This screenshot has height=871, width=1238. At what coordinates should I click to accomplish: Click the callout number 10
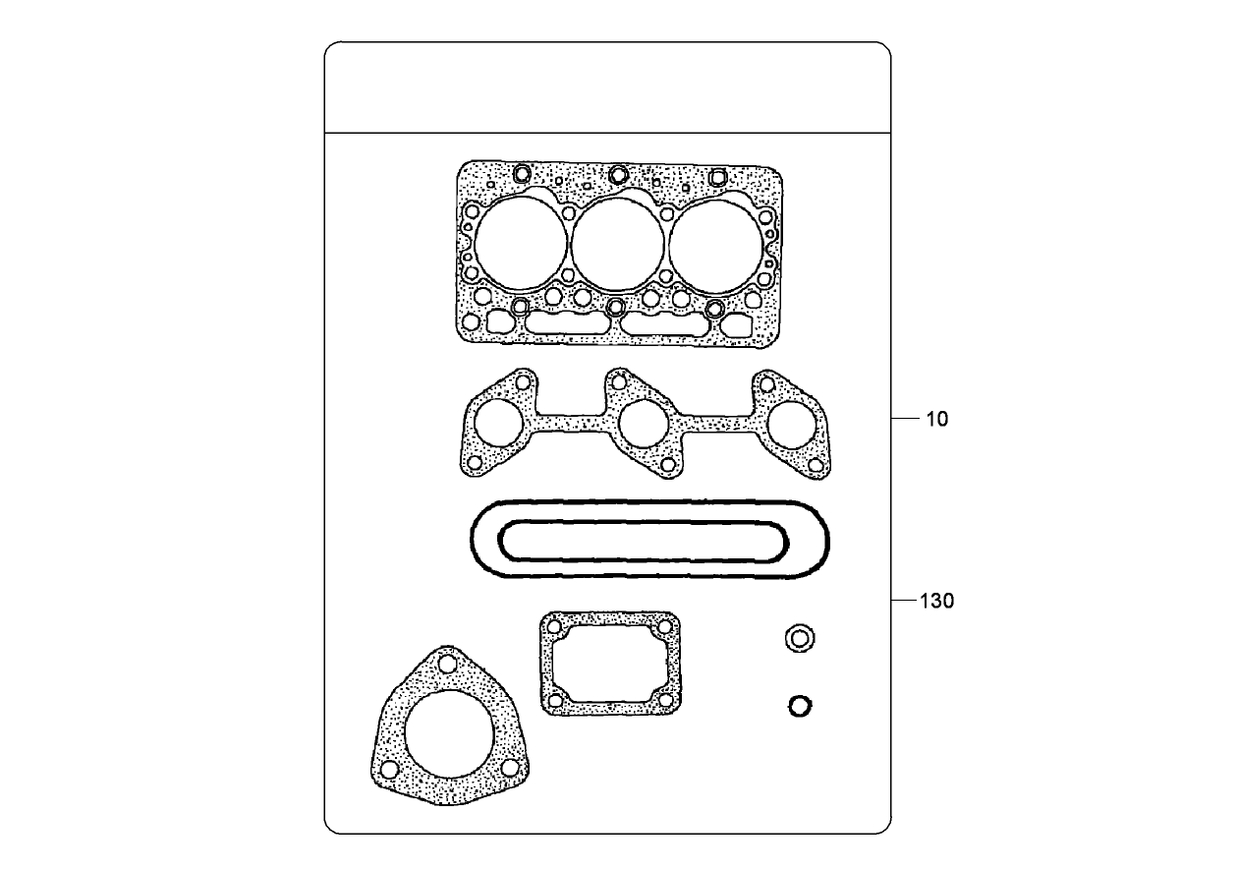pyautogui.click(x=936, y=420)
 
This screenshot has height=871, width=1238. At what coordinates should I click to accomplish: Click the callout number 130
pyautogui.click(x=936, y=601)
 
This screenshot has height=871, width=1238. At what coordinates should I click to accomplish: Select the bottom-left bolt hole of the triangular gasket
pyautogui.click(x=390, y=768)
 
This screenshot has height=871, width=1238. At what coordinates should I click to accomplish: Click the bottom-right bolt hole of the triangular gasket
pyautogui.click(x=509, y=769)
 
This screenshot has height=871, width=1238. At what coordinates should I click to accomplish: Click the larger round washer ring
pyautogui.click(x=800, y=638)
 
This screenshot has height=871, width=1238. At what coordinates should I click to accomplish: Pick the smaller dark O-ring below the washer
pyautogui.click(x=800, y=706)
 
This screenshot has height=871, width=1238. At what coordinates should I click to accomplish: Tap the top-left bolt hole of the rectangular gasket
pyautogui.click(x=555, y=626)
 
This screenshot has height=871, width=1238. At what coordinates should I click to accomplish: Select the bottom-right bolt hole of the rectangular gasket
pyautogui.click(x=665, y=700)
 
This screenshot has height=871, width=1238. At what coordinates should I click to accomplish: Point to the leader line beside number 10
pyautogui.click(x=905, y=419)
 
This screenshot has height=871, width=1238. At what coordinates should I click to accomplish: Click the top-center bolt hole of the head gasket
pyautogui.click(x=618, y=175)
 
